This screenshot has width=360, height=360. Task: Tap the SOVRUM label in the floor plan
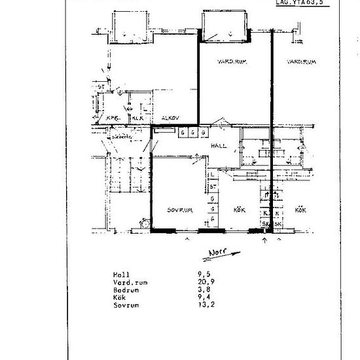pyautogui.click(x=179, y=210)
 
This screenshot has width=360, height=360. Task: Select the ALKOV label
pyautogui.click(x=171, y=118)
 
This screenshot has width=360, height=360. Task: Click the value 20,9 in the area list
pyautogui.click(x=190, y=282)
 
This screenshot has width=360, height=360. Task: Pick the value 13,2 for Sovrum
pyautogui.click(x=190, y=306)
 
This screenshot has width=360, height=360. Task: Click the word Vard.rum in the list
pyautogui.click(x=128, y=282)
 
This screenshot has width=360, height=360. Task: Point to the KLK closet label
pyautogui.click(x=137, y=118)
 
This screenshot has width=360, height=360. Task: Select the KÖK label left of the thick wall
pyautogui.click(x=239, y=210)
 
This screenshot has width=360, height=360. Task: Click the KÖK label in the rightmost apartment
pyautogui.click(x=301, y=210)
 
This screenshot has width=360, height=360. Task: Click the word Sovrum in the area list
pyautogui.click(x=124, y=306)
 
